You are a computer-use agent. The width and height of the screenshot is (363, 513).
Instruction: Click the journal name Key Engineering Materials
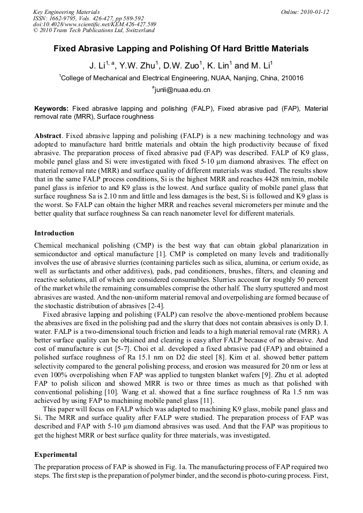66,12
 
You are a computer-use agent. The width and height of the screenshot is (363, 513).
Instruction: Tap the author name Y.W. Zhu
141,66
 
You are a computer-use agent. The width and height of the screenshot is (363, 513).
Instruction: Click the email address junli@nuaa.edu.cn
182,90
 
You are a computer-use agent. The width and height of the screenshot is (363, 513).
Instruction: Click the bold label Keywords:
51,108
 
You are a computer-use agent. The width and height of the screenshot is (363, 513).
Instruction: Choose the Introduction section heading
54,233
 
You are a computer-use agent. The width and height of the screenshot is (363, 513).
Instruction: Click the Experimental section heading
56,455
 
